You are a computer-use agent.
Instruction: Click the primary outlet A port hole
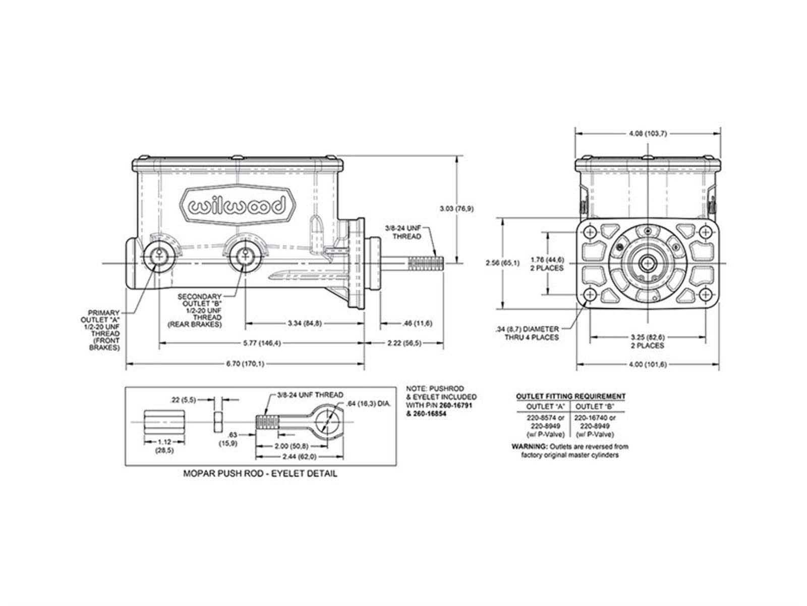160,256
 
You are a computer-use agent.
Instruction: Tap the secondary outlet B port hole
245,256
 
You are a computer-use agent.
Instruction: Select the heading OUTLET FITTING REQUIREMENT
571,396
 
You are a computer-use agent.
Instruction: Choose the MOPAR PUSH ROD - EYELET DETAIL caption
260,474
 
